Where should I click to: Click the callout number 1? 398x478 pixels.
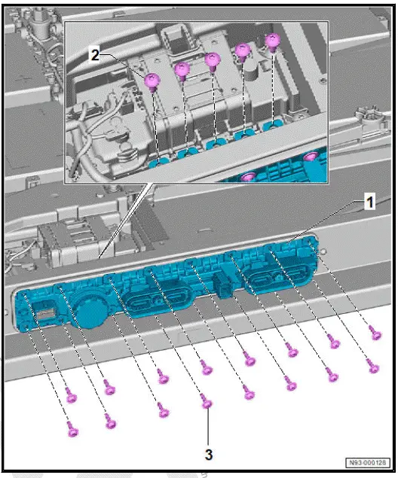tap(369, 202)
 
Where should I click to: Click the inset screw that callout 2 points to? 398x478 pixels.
tap(153, 80)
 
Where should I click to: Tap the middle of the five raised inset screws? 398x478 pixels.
tap(213, 60)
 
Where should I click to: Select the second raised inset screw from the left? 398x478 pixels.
tap(182, 70)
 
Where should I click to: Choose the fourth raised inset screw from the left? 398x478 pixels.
tap(243, 50)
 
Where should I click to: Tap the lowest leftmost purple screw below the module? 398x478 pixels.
tap(72, 429)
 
